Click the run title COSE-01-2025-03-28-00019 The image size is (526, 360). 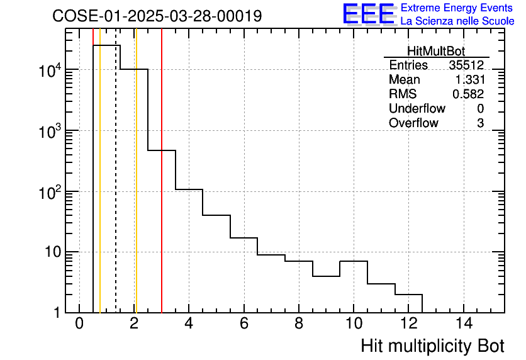tap(157, 16)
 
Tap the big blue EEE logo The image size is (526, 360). tap(368, 14)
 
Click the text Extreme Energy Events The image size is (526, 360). tap(456, 8)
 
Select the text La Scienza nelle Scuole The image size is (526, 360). tap(457, 21)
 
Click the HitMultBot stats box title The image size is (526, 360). tap(436, 52)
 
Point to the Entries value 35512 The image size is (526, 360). tap(466, 65)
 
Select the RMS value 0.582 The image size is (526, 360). tap(468, 94)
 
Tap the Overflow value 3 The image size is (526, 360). tap(480, 123)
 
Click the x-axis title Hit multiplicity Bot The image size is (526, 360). tap(432, 346)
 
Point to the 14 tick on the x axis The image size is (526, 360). tap(464, 323)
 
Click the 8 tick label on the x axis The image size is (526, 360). tap(299, 323)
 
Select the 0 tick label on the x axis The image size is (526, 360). tap(79, 323)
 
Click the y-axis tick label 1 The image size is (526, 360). tap(56, 313)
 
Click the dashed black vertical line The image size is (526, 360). tap(116, 189)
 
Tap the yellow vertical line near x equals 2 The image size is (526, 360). tap(136, 189)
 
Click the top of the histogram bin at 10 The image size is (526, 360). tap(354, 261)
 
